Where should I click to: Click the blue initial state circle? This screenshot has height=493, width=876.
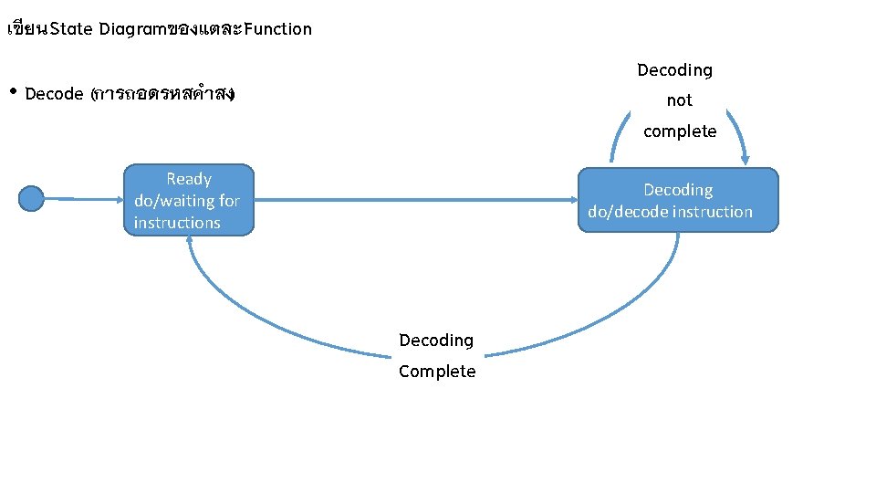31,198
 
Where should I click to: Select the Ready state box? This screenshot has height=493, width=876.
188,201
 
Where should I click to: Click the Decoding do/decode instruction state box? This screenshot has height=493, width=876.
678,200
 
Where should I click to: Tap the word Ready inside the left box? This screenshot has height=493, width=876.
189,179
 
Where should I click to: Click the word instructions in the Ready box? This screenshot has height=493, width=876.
177,223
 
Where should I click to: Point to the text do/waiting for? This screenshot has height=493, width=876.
187,201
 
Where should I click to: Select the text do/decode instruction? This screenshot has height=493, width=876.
670,212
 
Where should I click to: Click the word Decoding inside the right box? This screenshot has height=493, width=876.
678,190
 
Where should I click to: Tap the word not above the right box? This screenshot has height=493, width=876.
679,100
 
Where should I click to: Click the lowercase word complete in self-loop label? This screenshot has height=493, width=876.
680,131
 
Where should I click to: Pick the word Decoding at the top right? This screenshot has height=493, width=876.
674,70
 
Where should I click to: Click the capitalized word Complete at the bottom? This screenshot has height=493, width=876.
437,372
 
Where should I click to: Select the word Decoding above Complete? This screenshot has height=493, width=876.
436,341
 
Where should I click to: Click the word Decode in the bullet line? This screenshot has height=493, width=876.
55,94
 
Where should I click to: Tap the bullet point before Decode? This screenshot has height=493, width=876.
13,92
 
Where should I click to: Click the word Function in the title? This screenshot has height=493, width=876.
277,28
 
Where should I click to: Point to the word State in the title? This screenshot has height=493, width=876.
71,28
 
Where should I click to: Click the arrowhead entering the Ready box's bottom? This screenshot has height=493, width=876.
190,239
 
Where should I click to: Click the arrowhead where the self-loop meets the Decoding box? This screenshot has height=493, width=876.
745,161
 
